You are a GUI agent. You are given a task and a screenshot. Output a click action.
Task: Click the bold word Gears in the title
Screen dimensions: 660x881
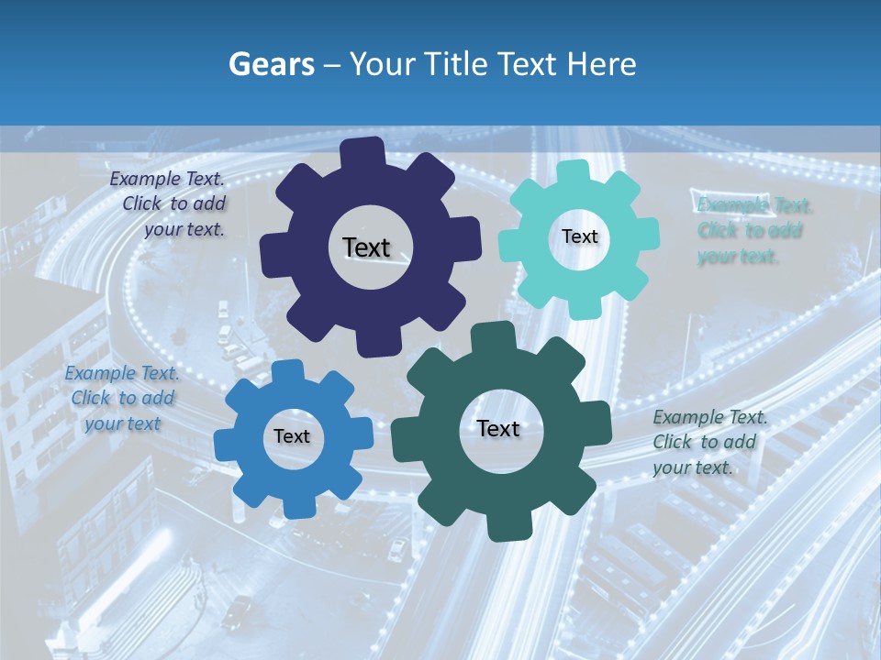coord(272,64)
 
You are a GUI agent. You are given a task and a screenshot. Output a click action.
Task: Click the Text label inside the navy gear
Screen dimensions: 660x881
coord(366,247)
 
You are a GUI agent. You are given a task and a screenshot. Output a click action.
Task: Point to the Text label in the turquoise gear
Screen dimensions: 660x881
coord(579,236)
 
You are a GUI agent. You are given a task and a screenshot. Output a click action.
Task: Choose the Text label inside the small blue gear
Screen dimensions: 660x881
coord(292,437)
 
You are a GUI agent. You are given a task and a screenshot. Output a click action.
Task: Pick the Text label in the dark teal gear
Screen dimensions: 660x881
coord(498,429)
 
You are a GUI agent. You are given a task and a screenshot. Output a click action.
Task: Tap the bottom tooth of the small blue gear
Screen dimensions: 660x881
coord(296,504)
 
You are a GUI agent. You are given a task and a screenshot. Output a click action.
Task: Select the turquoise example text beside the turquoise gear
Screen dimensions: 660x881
coord(751,230)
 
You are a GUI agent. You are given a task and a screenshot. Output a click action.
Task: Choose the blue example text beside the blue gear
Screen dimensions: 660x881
coord(122,398)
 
